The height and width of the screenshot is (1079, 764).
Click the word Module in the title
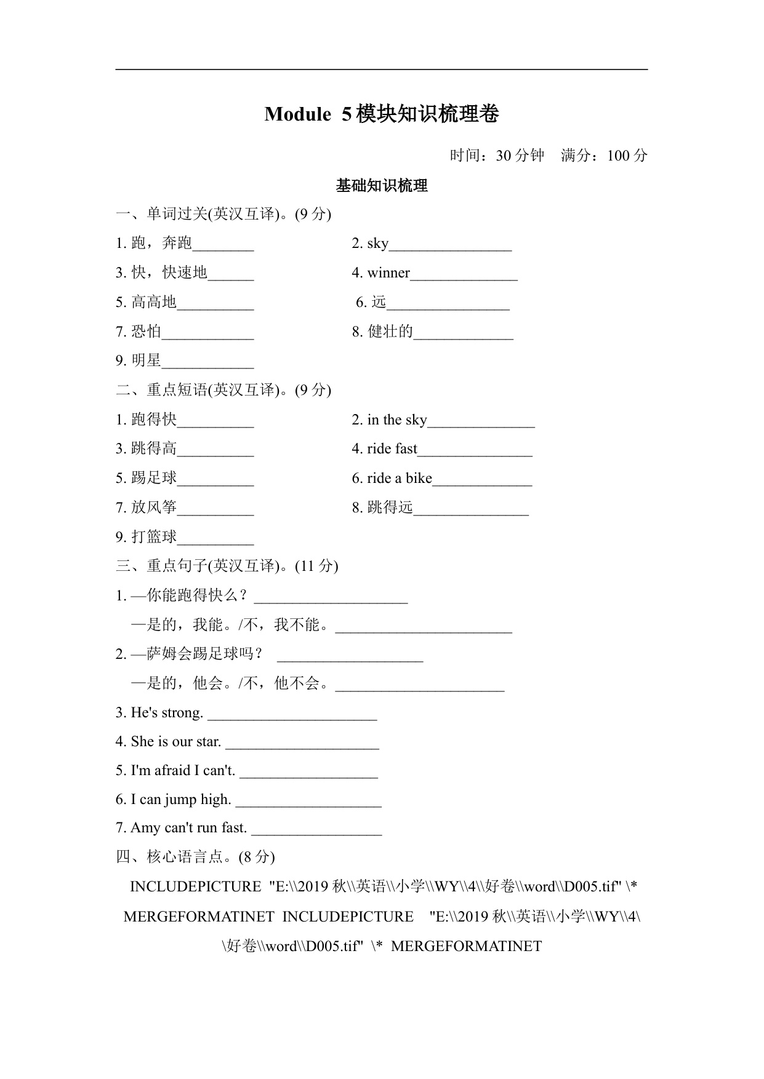click(x=297, y=114)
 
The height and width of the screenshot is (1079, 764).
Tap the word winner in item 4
click(x=388, y=273)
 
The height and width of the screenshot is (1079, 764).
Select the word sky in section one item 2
click(x=377, y=244)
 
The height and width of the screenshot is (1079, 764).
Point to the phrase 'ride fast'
click(x=392, y=449)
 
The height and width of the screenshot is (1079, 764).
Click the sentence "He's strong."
click(x=166, y=713)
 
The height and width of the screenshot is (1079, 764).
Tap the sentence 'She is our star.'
click(x=175, y=742)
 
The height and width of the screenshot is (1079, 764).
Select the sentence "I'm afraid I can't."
click(x=183, y=771)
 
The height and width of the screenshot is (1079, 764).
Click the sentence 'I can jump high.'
click(x=180, y=800)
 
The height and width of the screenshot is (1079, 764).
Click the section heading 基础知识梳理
click(x=382, y=186)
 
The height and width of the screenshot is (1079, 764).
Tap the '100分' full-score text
click(x=627, y=156)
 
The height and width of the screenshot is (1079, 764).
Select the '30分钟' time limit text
click(x=520, y=156)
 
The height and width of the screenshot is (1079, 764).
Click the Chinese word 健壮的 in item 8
click(x=390, y=332)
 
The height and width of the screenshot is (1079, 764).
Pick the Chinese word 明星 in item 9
click(x=146, y=360)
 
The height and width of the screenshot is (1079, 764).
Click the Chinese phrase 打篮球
click(x=154, y=537)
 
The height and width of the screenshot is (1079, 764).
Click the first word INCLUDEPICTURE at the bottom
click(x=196, y=887)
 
